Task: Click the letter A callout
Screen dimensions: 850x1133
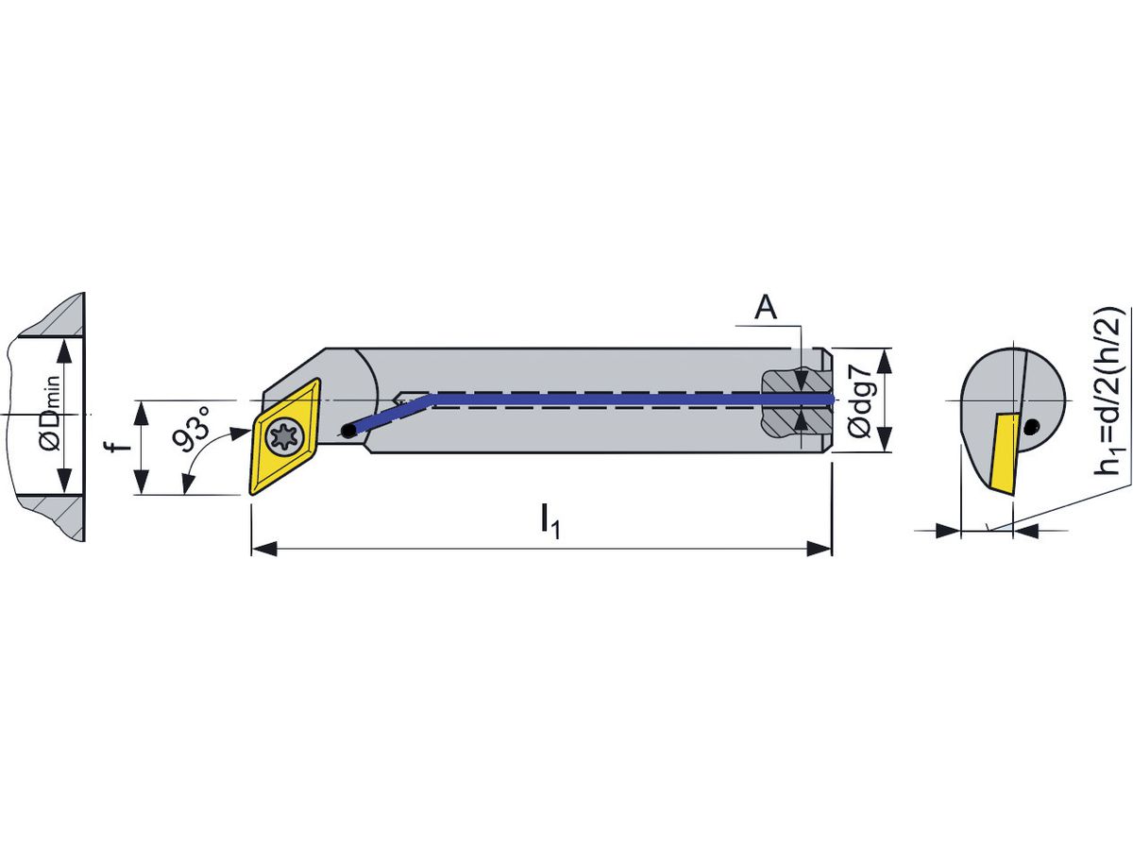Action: pyautogui.click(x=767, y=308)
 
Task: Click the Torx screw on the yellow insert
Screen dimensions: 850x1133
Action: pyautogui.click(x=283, y=437)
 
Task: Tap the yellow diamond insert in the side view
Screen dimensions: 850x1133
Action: pyautogui.click(x=282, y=436)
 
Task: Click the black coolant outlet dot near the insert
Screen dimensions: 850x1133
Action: pyautogui.click(x=349, y=432)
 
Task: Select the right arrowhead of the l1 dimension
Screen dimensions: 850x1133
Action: pyautogui.click(x=820, y=549)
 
